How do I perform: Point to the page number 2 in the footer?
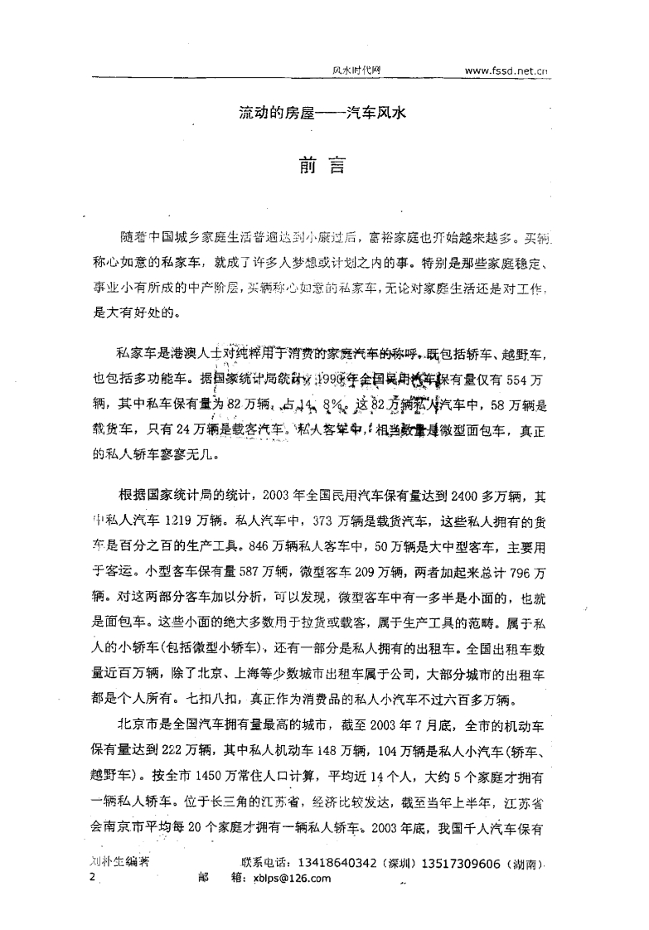[92, 878]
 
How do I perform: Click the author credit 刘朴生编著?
[118, 862]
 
